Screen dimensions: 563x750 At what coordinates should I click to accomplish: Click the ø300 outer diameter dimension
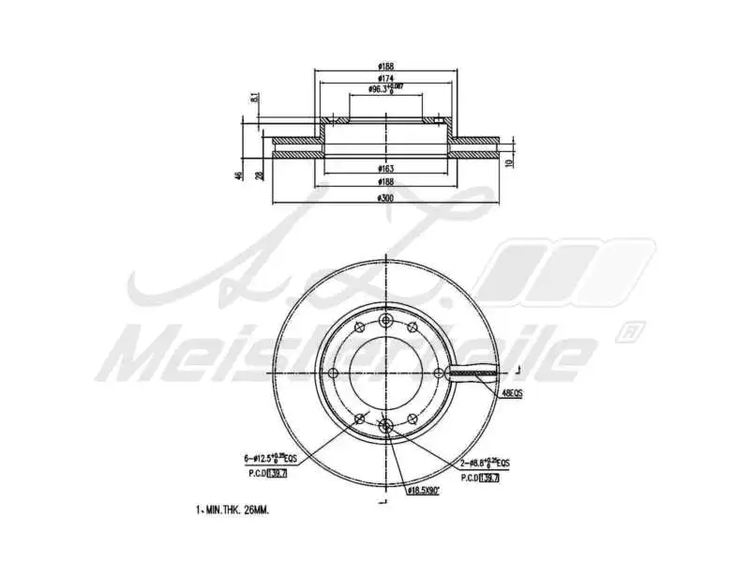pos(384,199)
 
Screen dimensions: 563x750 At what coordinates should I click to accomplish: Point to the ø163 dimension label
pos(384,168)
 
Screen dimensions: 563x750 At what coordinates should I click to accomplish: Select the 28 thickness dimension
pos(260,175)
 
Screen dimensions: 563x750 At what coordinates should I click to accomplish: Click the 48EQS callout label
pos(512,394)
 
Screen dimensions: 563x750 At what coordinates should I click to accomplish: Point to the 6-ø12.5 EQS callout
pos(273,460)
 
